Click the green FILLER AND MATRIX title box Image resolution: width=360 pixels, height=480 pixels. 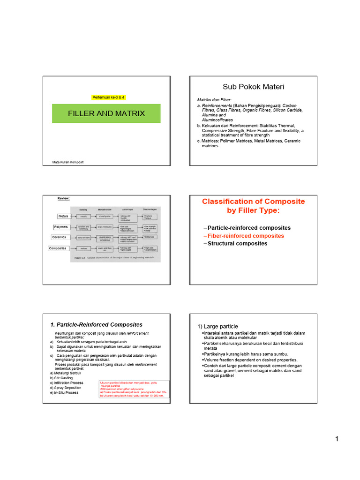(106, 113)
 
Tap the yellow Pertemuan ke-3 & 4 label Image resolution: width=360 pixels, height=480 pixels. (108, 97)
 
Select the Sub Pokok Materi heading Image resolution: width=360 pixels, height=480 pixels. (253, 87)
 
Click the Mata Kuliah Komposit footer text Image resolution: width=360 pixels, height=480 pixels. (68, 162)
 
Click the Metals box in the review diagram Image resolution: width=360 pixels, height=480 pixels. (63, 216)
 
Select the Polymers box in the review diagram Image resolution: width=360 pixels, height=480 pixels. (61, 227)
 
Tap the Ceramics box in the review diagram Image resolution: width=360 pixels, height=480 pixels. (60, 237)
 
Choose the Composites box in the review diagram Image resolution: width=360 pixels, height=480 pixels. (58, 248)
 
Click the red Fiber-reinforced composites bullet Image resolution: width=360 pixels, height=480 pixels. (246, 236)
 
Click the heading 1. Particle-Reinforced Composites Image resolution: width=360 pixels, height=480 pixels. (96, 324)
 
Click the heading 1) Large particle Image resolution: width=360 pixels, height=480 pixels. (217, 326)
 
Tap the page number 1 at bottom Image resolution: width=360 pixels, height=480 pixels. (337, 439)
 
